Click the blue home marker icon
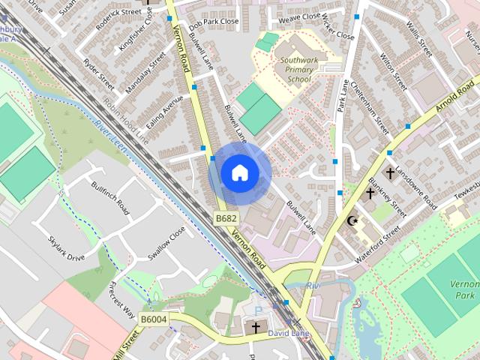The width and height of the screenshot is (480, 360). click(238, 172)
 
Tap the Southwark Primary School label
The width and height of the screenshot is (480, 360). click(293, 71)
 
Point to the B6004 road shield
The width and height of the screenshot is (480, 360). click(154, 319)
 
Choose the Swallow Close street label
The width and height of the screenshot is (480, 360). click(166, 244)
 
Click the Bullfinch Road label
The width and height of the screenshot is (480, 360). click(111, 198)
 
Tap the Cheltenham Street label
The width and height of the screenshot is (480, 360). click(372, 121)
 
